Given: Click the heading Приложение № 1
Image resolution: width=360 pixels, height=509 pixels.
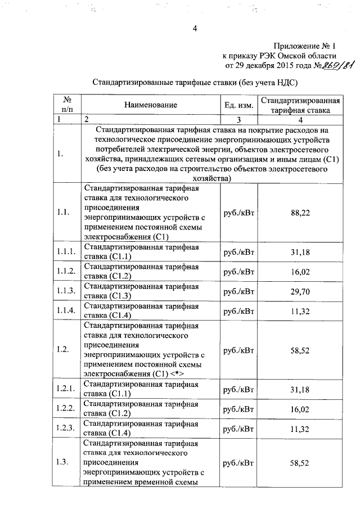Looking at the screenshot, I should point(305,46).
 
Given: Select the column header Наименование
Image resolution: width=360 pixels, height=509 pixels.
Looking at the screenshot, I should point(151,105).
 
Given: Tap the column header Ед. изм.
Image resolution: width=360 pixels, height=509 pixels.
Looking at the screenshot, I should point(238,105).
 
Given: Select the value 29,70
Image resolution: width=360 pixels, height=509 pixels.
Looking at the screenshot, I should point(300,291).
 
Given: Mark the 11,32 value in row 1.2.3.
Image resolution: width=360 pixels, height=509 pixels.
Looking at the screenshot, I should point(300,429).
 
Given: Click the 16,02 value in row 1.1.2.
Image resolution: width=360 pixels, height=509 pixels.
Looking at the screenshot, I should point(300,272).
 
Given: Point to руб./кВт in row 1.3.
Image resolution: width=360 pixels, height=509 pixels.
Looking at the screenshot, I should point(238,463).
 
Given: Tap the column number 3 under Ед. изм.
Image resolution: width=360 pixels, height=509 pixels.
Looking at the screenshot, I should point(238,119).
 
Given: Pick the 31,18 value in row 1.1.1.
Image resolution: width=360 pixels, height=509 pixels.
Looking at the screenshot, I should point(300,252).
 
